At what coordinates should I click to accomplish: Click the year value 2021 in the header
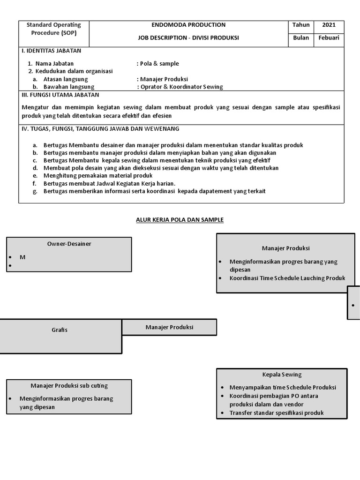click(329, 25)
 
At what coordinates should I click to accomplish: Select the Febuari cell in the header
click(329, 38)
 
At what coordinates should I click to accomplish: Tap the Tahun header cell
click(301, 25)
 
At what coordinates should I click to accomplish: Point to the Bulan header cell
click(301, 38)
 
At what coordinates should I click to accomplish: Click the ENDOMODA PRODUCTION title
click(188, 25)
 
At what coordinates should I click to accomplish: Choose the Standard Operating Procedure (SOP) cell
click(53, 29)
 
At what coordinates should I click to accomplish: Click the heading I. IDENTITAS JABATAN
click(52, 51)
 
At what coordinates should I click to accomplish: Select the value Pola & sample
click(158, 64)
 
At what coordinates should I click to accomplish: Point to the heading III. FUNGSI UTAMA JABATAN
click(60, 95)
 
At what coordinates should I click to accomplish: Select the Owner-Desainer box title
click(69, 244)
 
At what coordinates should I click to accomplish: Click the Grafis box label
click(60, 330)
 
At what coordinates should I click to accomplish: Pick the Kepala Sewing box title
click(282, 375)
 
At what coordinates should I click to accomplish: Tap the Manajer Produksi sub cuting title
click(69, 386)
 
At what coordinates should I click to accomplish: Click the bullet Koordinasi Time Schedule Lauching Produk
click(287, 278)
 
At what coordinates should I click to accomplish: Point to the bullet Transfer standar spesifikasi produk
click(277, 413)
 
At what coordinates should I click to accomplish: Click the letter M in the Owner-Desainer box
click(22, 257)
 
